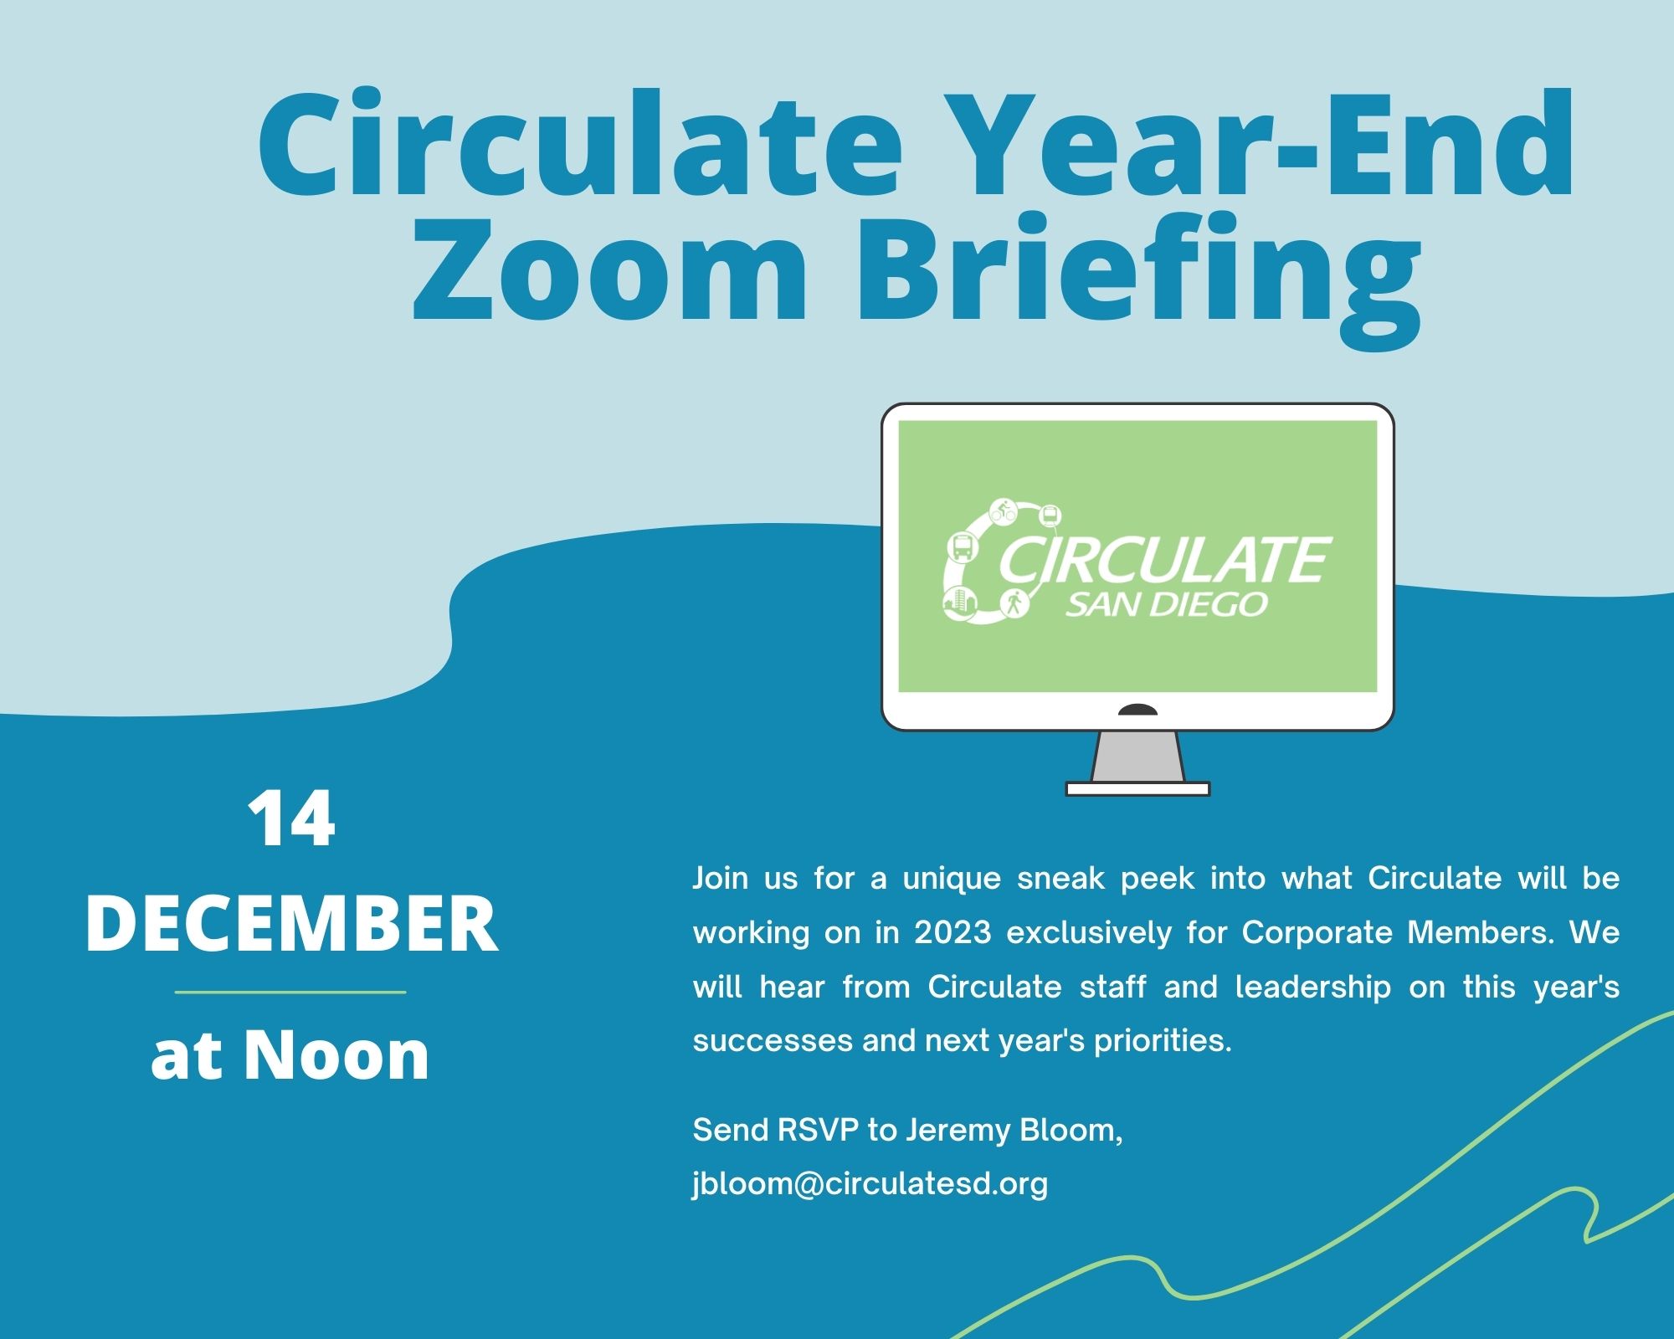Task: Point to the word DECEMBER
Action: click(292, 924)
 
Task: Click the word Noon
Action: click(336, 1054)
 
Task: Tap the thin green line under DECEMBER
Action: click(290, 993)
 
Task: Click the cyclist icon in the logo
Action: click(1004, 510)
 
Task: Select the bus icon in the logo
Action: click(963, 548)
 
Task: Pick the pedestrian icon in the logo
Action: click(1014, 603)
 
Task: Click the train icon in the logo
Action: click(1050, 515)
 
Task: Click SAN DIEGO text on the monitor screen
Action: click(1166, 604)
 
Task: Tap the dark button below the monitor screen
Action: click(1137, 711)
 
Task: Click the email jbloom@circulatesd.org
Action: click(870, 1183)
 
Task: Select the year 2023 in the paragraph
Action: click(953, 932)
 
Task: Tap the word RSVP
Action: click(818, 1131)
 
